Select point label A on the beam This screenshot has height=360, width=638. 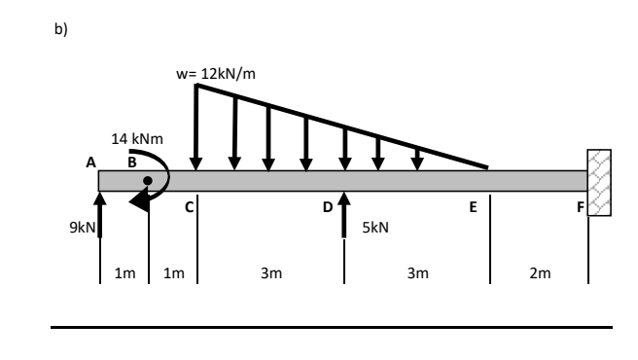(x=90, y=162)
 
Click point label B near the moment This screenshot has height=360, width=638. (x=132, y=162)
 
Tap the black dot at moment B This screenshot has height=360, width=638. (x=148, y=180)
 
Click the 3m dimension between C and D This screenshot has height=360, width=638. (x=270, y=273)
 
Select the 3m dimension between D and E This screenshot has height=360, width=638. (x=416, y=273)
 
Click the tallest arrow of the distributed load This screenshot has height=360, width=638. (x=196, y=126)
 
